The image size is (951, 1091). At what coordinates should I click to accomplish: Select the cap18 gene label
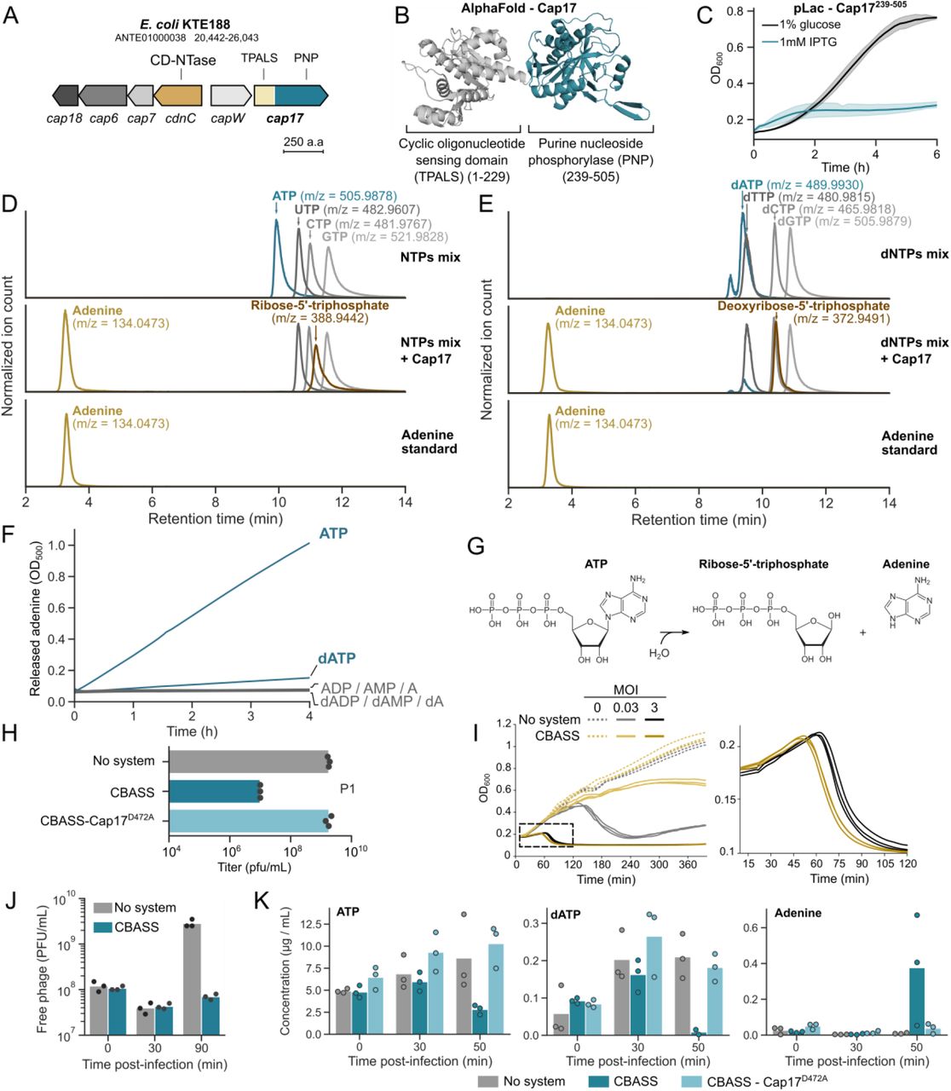coord(65,118)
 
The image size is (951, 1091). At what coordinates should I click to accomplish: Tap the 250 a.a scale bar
coord(303,151)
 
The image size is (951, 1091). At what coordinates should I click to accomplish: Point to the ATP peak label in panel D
coord(284,196)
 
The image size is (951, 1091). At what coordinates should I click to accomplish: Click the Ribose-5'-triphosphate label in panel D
coord(320,305)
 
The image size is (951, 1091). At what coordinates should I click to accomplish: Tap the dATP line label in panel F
coord(337,659)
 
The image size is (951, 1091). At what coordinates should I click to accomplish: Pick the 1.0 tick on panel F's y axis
coord(58,545)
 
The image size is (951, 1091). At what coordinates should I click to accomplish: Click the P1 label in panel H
coord(347,789)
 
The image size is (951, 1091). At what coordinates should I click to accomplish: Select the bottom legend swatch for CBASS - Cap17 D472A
coord(695,1081)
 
